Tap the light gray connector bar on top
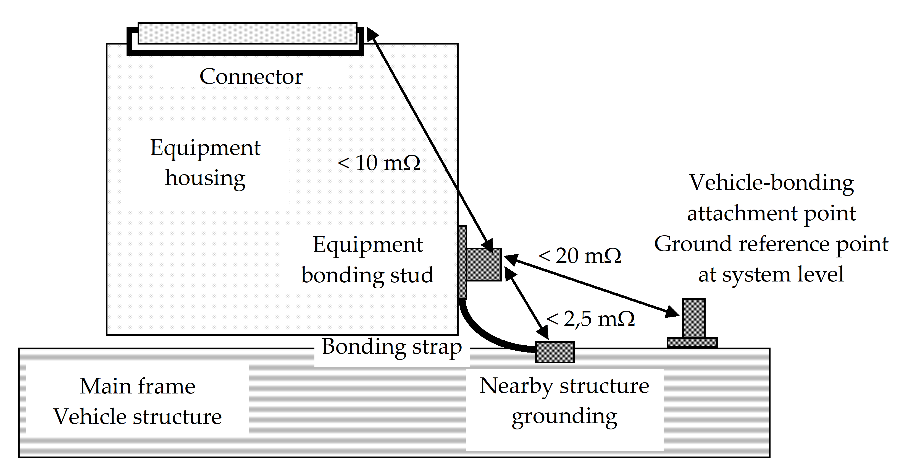coord(247,33)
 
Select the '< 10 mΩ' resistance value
coord(379,163)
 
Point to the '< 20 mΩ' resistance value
coord(580,255)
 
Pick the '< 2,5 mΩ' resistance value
coord(590,319)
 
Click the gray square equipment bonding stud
coord(484,264)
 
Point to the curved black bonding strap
coord(485,337)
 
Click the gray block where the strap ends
coord(554,352)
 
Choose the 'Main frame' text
coord(137,386)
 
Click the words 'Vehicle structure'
coord(137,416)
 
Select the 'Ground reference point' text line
coord(771,244)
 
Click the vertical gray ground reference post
coord(693,318)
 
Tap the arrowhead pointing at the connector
coord(372,34)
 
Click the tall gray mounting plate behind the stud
coord(462,262)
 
